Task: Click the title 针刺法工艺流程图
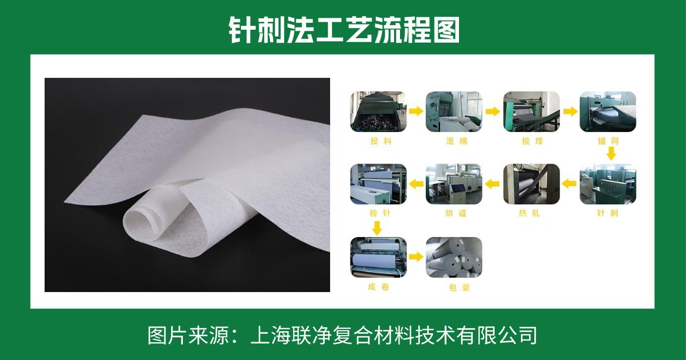[344, 30]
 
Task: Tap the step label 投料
[381, 141]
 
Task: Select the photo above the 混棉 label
[454, 112]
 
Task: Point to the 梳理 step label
[532, 141]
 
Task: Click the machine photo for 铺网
[608, 112]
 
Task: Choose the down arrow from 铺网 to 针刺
[611, 153]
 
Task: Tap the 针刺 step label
[608, 213]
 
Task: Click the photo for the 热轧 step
[532, 184]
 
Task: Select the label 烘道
[456, 213]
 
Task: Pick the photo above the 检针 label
[379, 184]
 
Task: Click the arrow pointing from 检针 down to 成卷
[377, 228]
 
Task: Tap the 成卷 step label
[379, 287]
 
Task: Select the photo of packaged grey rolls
[454, 257]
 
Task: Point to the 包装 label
[459, 287]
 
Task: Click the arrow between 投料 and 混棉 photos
[416, 111]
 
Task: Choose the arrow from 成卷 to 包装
[416, 256]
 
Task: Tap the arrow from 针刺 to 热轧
[570, 184]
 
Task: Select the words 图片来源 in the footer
[188, 336]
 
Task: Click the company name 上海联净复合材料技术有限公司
[394, 336]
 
